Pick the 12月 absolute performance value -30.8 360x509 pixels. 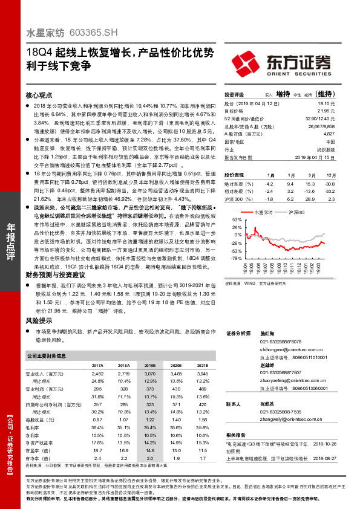tap(330, 183)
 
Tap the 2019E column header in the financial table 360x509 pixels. tap(149, 366)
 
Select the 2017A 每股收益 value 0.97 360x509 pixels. tap(97, 419)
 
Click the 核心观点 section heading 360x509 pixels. tap(38, 96)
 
